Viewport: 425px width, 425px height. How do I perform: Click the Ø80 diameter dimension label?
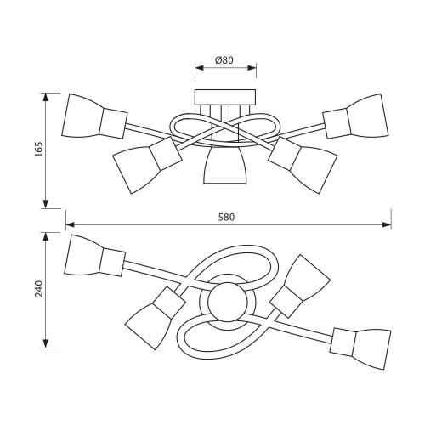coord(224,60)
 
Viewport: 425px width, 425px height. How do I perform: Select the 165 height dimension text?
coord(39,149)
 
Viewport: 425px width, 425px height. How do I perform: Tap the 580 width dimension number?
coord(227,217)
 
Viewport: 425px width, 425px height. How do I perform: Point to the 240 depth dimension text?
coord(39,288)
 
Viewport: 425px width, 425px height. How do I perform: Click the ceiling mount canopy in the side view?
coord(225,97)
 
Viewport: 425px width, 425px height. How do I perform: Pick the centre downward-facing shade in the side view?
coord(225,165)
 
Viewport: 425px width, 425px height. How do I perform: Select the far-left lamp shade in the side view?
coord(82,116)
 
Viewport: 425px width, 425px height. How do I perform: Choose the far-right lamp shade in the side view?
coord(368,116)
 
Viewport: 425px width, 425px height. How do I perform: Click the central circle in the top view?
coord(227,303)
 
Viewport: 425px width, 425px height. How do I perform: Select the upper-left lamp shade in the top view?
coord(83,255)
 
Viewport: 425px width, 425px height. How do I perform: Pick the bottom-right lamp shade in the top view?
coord(372,349)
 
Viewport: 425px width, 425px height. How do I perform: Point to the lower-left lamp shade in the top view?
coord(148,326)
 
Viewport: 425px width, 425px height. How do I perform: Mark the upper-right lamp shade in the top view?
coord(309,278)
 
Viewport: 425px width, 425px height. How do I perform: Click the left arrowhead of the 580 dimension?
coord(70,224)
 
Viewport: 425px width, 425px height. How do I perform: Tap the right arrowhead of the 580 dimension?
coord(387,224)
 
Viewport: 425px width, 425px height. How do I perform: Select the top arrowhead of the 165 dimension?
coord(45,98)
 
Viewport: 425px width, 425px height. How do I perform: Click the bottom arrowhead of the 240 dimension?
coord(45,343)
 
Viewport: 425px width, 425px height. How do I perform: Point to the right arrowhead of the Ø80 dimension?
coord(252,68)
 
